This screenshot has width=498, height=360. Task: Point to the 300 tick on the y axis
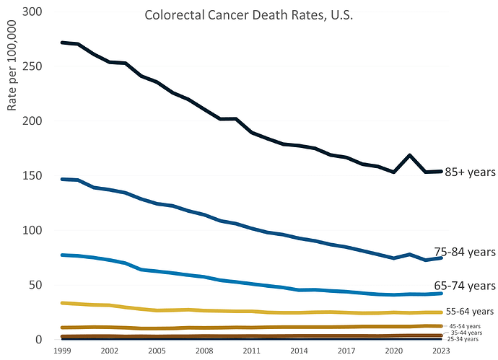(x=31, y=12)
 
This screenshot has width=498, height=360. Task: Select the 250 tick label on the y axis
(x=31, y=66)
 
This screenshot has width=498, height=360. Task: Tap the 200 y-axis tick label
(x=31, y=121)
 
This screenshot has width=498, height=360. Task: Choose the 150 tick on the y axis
(x=31, y=176)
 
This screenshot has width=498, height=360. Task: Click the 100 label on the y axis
(x=31, y=231)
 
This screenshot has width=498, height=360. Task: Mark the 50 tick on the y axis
(x=35, y=285)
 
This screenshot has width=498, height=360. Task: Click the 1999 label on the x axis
(x=62, y=350)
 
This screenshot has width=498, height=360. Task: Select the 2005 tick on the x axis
(x=157, y=350)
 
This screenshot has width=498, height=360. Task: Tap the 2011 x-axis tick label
(x=252, y=350)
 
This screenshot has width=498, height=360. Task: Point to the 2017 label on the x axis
(x=346, y=350)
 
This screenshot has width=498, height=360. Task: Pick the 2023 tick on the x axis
(x=441, y=350)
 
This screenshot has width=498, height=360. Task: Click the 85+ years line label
(x=470, y=173)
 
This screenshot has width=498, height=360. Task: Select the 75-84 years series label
(x=465, y=252)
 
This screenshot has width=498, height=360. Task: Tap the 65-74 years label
(x=465, y=285)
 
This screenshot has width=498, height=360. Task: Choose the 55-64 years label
(x=469, y=312)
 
